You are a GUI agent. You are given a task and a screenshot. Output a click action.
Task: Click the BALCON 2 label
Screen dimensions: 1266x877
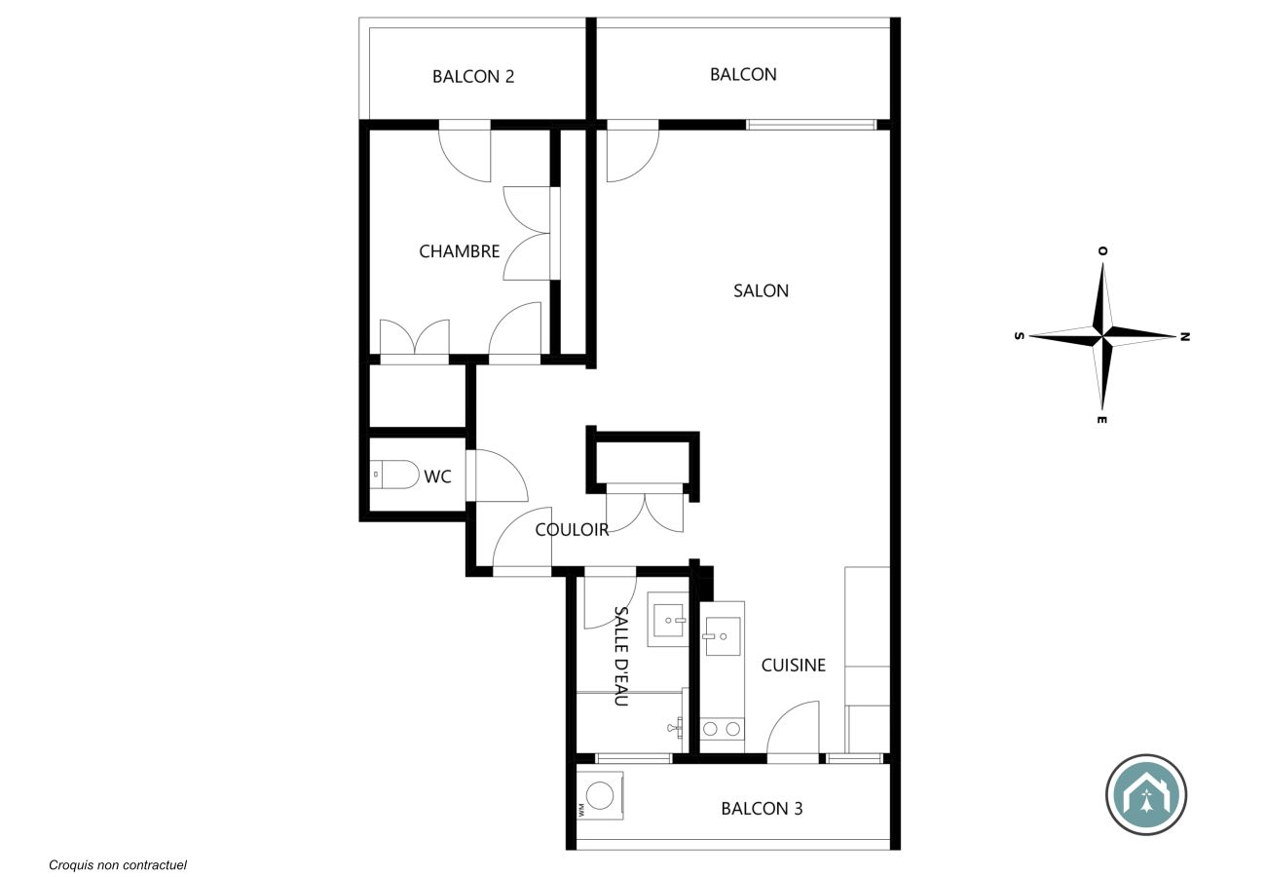[x=473, y=76]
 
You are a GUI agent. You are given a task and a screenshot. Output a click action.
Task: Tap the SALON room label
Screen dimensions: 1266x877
[x=761, y=290]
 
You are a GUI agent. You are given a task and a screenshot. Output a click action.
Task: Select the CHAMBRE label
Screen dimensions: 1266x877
[x=459, y=251]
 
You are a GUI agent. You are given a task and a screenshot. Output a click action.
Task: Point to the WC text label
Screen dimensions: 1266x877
[x=437, y=477]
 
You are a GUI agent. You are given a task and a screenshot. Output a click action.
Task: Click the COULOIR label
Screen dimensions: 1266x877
[x=572, y=530]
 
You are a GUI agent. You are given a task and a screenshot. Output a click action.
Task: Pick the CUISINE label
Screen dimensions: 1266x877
[x=793, y=665]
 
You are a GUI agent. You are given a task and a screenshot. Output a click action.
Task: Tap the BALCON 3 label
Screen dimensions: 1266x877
[x=762, y=809]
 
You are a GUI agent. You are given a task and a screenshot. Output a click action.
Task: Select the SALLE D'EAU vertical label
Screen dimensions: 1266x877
[x=621, y=656]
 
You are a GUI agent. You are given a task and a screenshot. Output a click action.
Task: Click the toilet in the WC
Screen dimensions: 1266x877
[x=394, y=475]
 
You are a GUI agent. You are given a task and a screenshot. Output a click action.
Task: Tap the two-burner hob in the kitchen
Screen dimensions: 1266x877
[x=722, y=729]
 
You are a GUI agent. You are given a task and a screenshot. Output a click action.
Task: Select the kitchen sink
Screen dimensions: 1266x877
[x=723, y=636]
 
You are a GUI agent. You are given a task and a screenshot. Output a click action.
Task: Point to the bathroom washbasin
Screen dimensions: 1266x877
[x=669, y=621]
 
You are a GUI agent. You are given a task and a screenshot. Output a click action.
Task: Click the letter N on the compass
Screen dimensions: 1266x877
[x=1185, y=336]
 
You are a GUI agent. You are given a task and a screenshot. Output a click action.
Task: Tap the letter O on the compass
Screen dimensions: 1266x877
[x=1102, y=250]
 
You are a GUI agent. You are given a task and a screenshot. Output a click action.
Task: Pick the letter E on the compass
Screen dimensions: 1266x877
[x=1101, y=420]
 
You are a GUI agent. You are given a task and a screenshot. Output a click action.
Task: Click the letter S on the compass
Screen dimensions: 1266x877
[x=1019, y=336]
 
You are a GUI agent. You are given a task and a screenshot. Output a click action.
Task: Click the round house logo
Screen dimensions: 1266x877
[x=1146, y=794]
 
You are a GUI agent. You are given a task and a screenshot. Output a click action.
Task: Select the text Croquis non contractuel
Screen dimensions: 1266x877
[x=118, y=865]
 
